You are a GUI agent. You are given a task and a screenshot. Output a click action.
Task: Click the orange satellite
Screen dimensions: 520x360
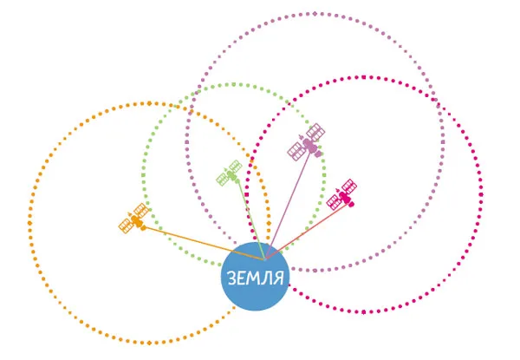tap(134, 219)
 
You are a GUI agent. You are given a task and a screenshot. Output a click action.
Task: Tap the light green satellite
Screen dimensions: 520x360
tap(229, 173)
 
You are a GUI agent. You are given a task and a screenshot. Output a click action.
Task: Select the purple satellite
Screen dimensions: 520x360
tap(307, 142)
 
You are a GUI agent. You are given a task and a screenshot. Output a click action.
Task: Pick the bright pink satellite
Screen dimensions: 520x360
tap(342, 195)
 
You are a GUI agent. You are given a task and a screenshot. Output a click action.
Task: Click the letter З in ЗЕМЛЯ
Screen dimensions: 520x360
tap(232, 278)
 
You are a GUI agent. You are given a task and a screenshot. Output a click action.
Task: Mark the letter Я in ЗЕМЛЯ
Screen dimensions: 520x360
tap(279, 278)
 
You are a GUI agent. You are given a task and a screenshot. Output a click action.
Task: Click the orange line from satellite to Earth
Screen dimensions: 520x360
tap(205, 243)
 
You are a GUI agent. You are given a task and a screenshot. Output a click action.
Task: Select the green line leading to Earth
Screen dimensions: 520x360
tap(251, 219)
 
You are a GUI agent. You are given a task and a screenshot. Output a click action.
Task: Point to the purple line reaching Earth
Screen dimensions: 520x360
tap(289, 206)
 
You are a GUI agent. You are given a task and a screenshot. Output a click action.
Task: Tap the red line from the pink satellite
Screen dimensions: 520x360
tap(308, 232)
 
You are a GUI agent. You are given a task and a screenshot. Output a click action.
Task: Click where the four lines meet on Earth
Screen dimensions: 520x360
tap(265, 259)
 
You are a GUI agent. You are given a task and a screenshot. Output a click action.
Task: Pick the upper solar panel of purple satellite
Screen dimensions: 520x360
tap(315, 132)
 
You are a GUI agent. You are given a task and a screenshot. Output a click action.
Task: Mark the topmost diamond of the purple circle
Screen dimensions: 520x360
tap(315, 14)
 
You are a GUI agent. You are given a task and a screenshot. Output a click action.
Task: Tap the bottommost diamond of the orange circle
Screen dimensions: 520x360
tap(149, 343)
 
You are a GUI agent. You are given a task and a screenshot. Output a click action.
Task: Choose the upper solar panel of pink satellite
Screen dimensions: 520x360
tap(349, 187)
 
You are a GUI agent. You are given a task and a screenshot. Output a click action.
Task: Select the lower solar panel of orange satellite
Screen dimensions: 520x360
tap(127, 226)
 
